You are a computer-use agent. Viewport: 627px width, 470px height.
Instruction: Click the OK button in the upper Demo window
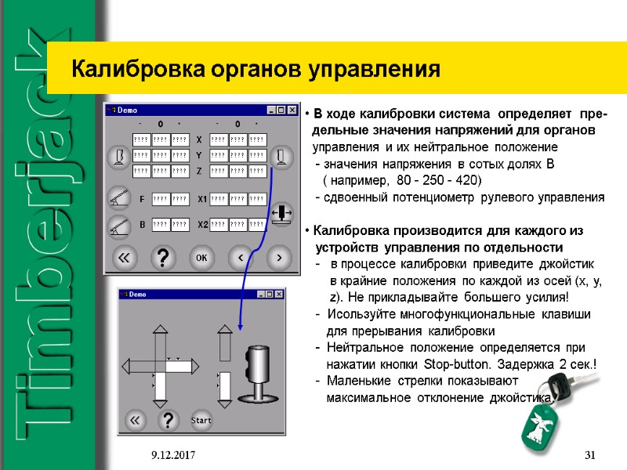click(201, 256)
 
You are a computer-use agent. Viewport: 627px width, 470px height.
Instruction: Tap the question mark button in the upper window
click(162, 256)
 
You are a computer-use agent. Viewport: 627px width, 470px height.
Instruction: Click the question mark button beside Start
click(166, 420)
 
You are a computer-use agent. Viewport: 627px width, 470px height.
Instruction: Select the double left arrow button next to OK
click(123, 256)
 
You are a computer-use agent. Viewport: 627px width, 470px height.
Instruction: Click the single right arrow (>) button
click(275, 256)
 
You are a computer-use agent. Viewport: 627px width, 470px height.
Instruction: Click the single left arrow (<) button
click(240, 256)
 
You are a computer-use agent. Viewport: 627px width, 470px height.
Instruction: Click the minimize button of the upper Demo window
click(270, 110)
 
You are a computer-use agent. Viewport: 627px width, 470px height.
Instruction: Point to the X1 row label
click(201, 199)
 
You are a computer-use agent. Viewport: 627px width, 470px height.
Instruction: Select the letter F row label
click(141, 199)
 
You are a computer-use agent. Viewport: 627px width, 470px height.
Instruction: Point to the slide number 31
click(591, 455)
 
